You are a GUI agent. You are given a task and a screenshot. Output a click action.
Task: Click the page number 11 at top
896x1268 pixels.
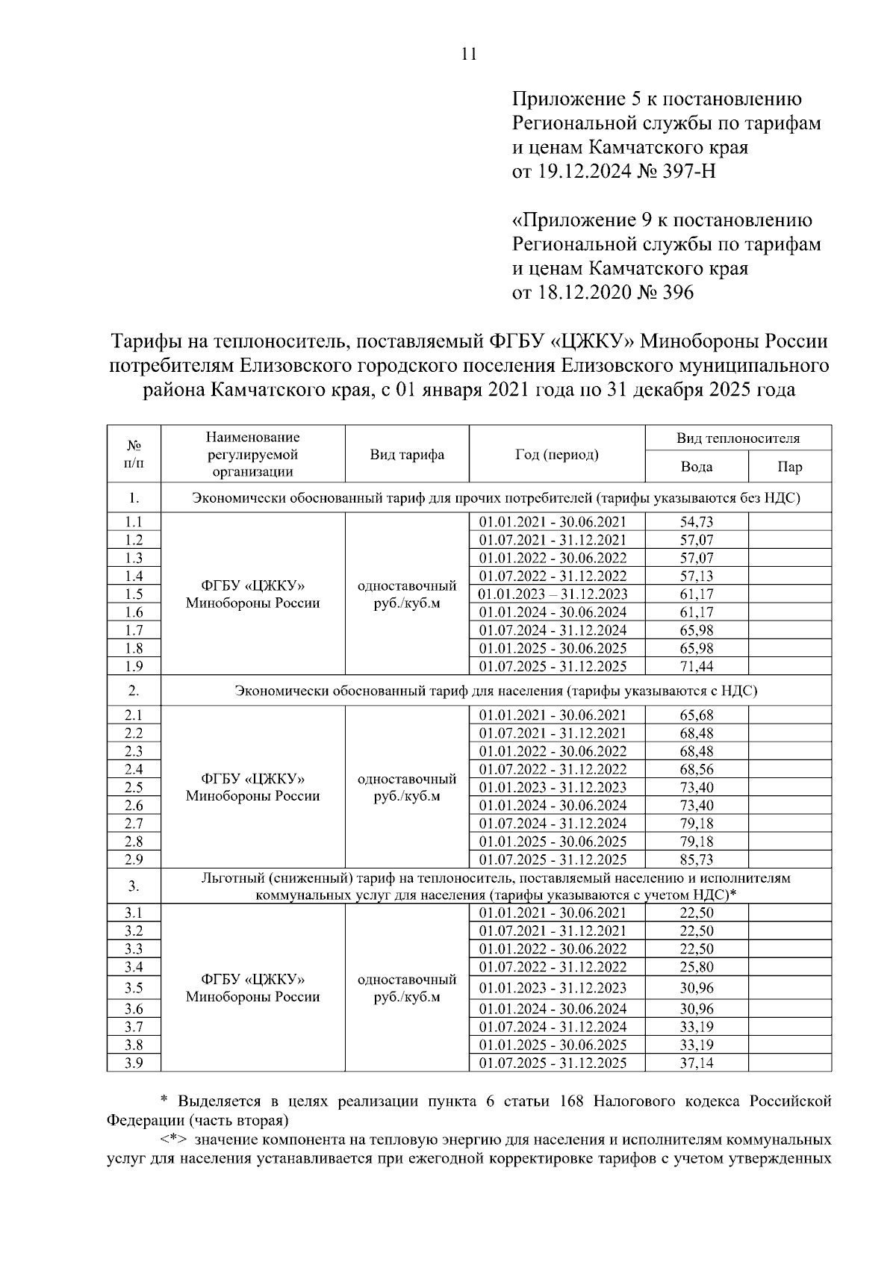coord(470,54)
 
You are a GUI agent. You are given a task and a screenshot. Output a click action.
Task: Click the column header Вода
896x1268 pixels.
coord(696,467)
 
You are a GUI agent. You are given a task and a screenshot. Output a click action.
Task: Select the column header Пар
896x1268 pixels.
coord(789,467)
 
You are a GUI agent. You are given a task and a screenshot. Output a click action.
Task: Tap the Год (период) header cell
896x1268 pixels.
coord(556,454)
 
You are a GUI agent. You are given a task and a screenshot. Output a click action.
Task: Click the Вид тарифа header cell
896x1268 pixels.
coord(407,454)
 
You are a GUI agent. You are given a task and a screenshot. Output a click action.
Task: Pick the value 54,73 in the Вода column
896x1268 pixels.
coord(696,522)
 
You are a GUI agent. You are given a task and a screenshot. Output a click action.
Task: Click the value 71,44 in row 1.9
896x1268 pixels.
coord(696,666)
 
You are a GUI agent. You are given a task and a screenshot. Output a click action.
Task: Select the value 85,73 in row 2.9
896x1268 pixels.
coord(696,860)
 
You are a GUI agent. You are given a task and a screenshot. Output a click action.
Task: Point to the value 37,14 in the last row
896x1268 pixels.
coord(696,1063)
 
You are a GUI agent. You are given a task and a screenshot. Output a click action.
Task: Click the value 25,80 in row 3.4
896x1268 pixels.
coord(696,967)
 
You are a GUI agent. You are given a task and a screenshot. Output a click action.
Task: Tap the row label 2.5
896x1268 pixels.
coord(134,787)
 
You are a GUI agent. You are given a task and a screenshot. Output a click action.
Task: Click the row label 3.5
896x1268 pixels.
coord(134,988)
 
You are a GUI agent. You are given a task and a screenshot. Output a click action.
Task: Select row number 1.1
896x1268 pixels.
coord(134,522)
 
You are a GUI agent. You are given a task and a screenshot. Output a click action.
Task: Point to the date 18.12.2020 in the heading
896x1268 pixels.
coord(583,292)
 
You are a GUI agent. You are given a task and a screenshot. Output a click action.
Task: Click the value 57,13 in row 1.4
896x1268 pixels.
coord(696,576)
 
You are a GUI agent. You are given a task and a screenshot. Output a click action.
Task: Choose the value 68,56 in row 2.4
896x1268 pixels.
coord(696,769)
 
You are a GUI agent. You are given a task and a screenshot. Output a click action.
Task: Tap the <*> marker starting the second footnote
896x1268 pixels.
coord(173,1140)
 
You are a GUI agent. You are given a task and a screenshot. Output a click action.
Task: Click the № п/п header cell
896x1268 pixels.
coord(134,454)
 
